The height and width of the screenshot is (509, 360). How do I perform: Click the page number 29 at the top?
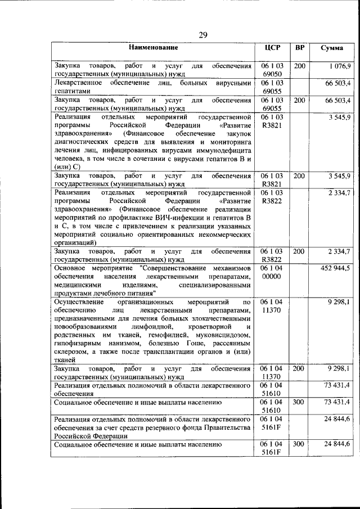[203, 35]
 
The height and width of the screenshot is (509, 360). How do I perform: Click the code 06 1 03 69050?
[272, 70]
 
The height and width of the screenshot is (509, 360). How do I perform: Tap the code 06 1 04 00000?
[272, 272]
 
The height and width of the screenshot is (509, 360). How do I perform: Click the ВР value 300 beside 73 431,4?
[300, 403]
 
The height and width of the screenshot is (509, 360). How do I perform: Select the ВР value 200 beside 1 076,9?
[300, 67]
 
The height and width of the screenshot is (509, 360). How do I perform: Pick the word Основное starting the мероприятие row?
[71, 268]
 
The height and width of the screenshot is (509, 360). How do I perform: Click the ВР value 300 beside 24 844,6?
[300, 444]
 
